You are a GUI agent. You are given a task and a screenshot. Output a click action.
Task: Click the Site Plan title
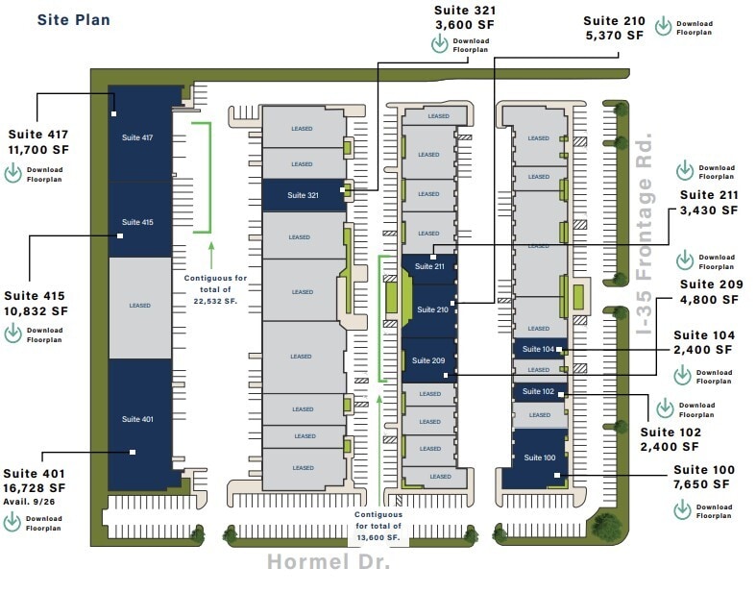tap(73, 19)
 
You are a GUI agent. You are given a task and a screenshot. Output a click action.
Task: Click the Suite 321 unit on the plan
tap(302, 195)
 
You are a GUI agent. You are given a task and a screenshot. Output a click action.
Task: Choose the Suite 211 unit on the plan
tap(428, 266)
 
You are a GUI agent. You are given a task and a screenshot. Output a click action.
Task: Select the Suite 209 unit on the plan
tap(428, 360)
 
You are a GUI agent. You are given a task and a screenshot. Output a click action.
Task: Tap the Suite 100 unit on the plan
tap(541, 457)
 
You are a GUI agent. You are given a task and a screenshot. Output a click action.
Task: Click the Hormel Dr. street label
tap(328, 561)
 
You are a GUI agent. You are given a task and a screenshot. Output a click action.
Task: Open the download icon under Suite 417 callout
tap(13, 174)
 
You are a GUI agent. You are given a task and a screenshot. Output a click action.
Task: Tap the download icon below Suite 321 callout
tap(440, 45)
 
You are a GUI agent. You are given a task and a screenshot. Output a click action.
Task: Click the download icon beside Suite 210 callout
tap(663, 27)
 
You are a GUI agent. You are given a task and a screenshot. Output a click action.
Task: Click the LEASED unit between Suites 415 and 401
tap(139, 307)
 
